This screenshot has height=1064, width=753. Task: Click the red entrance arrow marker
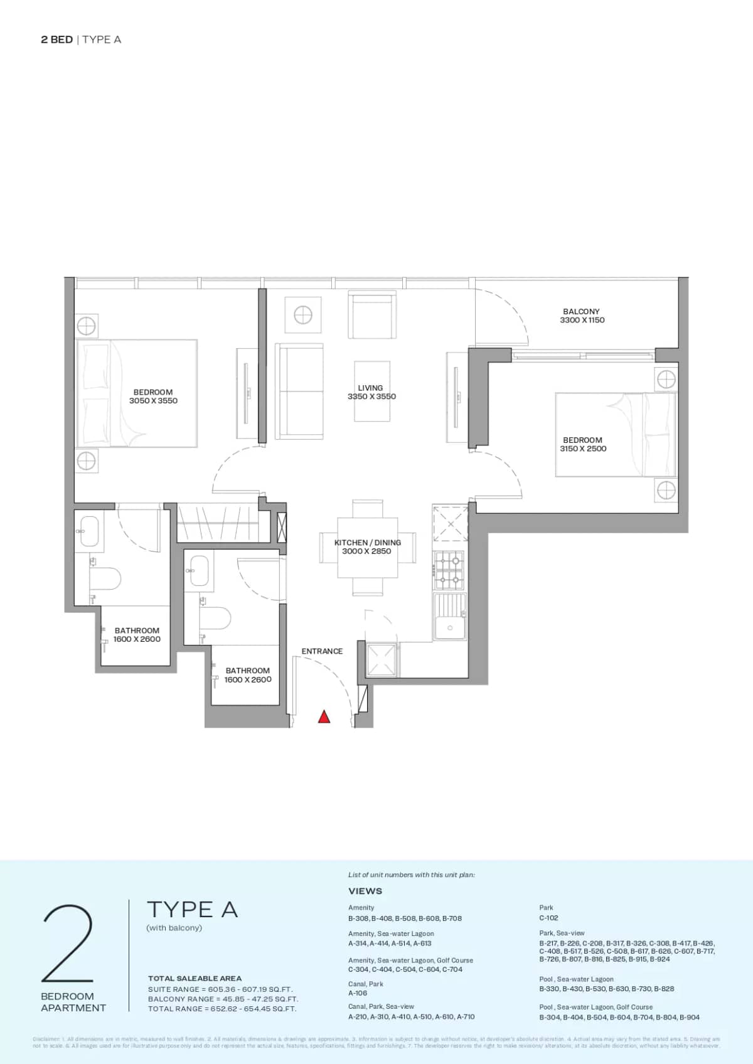324,716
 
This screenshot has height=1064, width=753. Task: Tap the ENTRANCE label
322,651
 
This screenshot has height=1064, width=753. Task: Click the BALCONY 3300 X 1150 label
582,316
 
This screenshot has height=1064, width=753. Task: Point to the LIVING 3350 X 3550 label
371,392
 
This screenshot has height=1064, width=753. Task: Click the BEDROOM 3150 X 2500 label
583,444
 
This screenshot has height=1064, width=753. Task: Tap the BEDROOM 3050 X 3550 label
153,396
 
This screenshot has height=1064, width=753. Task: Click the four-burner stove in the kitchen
450,570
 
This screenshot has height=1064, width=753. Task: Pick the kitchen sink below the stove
450,620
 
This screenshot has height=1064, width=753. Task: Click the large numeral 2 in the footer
68,944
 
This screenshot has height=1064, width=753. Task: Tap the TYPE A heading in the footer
192,910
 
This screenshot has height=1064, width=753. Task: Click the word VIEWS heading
365,891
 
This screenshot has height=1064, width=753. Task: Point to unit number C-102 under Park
548,918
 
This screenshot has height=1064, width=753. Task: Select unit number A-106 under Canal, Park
358,993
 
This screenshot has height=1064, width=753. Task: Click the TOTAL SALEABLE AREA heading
195,978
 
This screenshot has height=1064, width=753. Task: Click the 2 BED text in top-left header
56,40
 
